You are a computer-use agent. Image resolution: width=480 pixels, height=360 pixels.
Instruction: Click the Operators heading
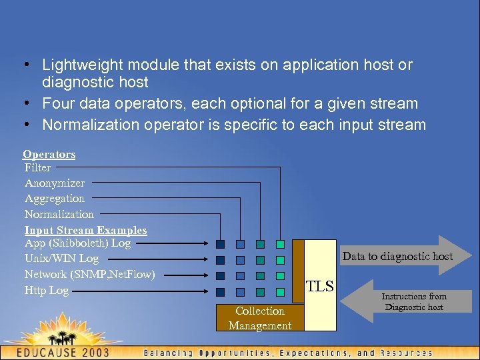(49, 155)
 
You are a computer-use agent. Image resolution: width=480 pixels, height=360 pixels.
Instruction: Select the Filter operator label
(38, 168)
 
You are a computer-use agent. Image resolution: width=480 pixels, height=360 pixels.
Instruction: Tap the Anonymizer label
(55, 183)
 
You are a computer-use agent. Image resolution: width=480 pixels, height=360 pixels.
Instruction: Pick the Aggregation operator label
(55, 199)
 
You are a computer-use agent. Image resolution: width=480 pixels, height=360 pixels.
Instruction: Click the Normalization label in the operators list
(59, 215)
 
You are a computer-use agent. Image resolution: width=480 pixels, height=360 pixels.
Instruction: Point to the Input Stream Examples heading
(85, 230)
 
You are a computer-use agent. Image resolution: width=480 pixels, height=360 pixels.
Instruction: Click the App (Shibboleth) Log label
(77, 243)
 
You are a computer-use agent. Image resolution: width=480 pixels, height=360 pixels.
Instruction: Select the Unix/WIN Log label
(61, 259)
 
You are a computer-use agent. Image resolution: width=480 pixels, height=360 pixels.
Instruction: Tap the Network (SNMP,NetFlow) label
(89, 274)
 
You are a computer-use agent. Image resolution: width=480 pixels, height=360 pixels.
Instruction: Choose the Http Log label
(47, 291)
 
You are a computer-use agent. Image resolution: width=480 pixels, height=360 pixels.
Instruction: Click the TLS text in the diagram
(320, 287)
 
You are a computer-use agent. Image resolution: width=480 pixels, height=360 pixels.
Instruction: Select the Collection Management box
(259, 318)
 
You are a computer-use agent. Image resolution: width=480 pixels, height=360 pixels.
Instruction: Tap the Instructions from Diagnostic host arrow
(413, 301)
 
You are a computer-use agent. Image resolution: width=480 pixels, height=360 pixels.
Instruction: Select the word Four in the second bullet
(57, 104)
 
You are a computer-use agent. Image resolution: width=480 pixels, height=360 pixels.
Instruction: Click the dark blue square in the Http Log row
(220, 291)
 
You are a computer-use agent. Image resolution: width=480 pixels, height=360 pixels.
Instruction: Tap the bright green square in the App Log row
(281, 245)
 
